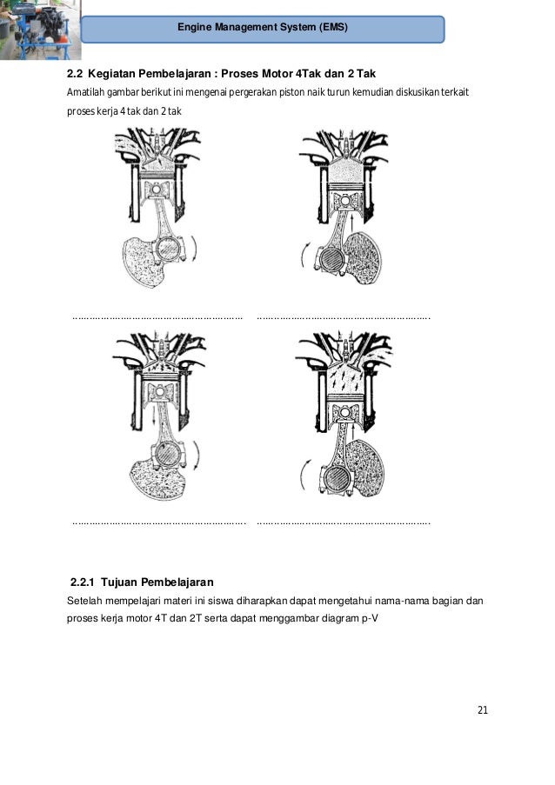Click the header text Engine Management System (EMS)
[x=262, y=28]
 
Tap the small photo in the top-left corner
[x=38, y=29]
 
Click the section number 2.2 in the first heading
[x=75, y=72]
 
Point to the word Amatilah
[x=85, y=92]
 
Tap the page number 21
[x=483, y=710]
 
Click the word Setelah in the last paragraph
[x=85, y=601]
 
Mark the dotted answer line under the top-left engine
[x=157, y=318]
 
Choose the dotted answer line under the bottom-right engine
[x=344, y=523]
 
